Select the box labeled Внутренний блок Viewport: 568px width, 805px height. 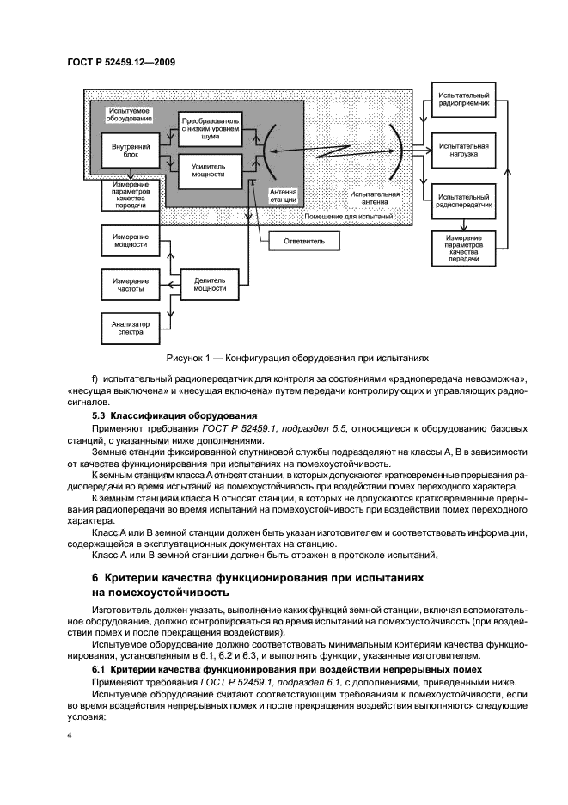click(x=125, y=151)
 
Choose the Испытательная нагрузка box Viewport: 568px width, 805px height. click(x=464, y=151)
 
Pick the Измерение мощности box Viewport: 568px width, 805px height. click(x=125, y=243)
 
